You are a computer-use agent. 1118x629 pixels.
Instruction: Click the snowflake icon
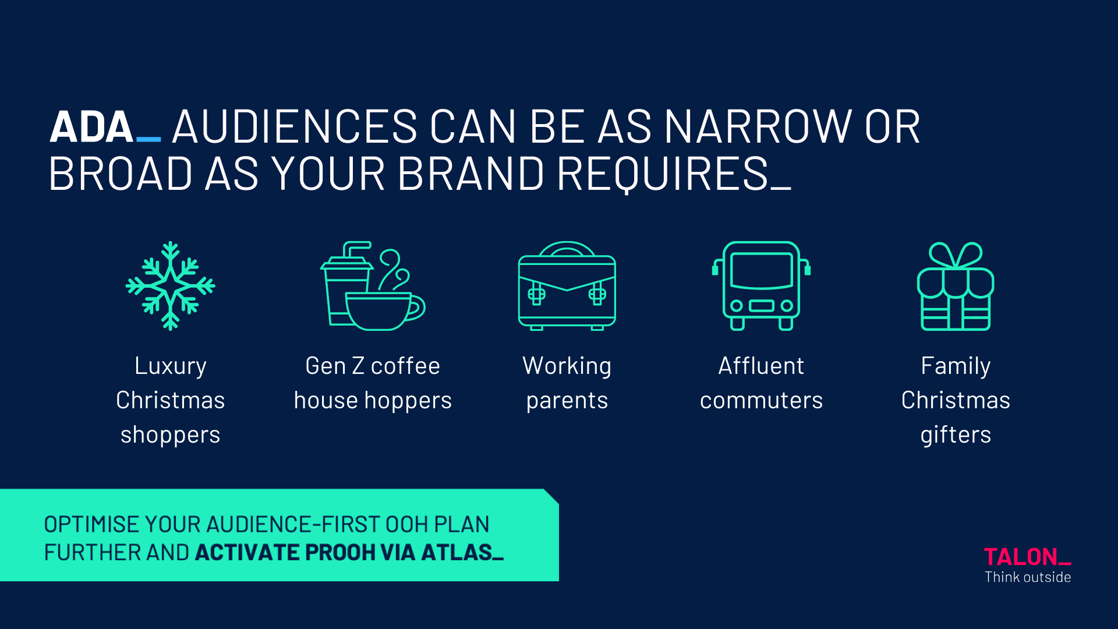170,286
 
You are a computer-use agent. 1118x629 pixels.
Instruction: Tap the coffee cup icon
373,286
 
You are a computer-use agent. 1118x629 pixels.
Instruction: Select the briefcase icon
567,286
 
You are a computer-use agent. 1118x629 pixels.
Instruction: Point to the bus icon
761,286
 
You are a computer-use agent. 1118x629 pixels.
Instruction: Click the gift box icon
956,286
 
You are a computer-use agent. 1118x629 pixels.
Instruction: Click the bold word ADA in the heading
91,127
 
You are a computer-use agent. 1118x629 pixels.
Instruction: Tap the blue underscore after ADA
148,140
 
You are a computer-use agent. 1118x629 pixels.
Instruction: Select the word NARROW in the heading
758,127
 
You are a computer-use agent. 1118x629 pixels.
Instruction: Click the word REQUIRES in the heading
663,174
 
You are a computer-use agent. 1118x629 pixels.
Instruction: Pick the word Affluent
761,366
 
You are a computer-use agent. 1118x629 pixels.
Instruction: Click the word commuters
761,401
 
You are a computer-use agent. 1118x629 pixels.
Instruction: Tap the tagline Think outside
1028,577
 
